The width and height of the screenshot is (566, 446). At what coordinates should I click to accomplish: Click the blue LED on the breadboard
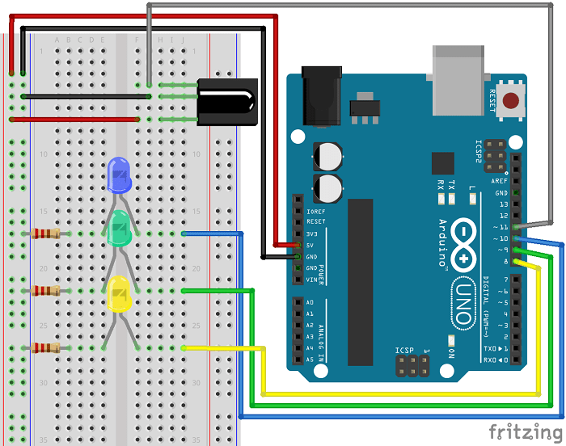click(119, 175)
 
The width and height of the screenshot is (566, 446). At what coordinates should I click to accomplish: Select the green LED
click(119, 229)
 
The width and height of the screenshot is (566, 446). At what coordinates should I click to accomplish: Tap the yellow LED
click(119, 294)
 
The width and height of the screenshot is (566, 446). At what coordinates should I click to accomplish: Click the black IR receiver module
click(228, 102)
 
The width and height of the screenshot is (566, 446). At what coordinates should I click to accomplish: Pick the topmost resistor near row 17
click(45, 234)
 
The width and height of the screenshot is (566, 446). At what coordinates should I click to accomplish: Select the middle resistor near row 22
click(45, 291)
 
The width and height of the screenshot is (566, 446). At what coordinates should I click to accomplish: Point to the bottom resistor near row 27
click(45, 348)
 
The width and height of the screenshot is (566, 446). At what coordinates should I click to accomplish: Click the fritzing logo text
click(525, 431)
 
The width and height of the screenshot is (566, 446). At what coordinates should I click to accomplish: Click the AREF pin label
click(500, 182)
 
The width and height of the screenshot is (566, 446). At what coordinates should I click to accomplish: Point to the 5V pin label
click(310, 245)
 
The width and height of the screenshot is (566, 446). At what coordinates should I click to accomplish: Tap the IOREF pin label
click(315, 210)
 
